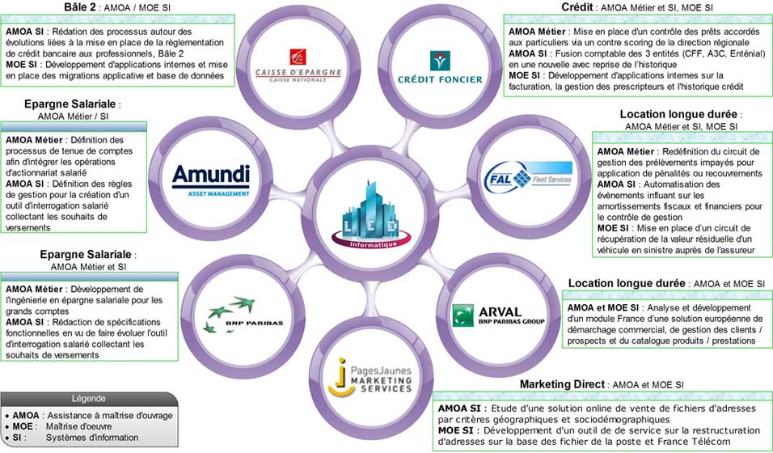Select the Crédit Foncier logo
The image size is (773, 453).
click(x=441, y=69)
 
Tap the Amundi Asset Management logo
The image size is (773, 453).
click(x=210, y=180)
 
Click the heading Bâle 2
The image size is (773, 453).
click(x=82, y=7)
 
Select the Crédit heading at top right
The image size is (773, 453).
click(x=577, y=7)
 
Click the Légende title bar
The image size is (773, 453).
click(x=88, y=398)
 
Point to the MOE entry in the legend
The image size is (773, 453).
click(x=23, y=426)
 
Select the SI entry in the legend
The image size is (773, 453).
click(x=18, y=438)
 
